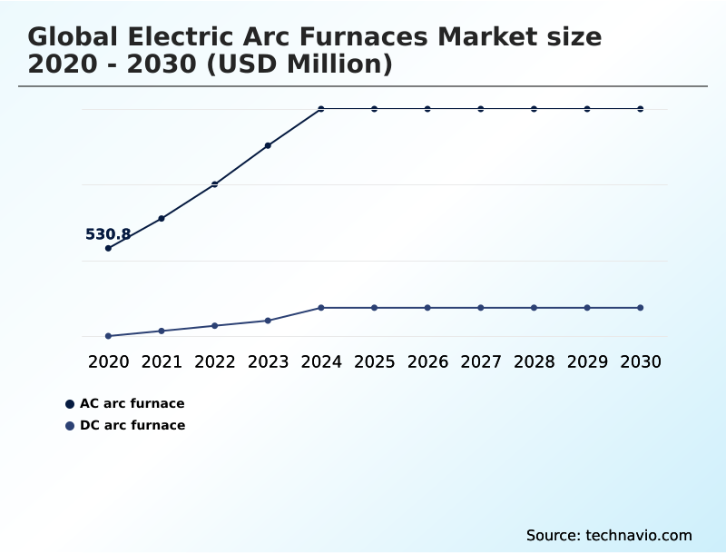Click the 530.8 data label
108,234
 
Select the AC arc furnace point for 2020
108,248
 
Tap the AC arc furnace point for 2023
268,145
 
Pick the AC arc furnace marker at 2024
321,109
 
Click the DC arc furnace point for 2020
108,336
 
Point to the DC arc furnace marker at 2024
321,308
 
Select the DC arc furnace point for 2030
641,308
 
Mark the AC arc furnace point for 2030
641,109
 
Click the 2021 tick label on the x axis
162,361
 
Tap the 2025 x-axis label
374,361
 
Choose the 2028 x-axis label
534,361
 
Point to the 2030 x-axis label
641,361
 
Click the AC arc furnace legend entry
132,403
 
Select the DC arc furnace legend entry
132,425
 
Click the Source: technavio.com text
609,535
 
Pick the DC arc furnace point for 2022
215,325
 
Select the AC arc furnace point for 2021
162,218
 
